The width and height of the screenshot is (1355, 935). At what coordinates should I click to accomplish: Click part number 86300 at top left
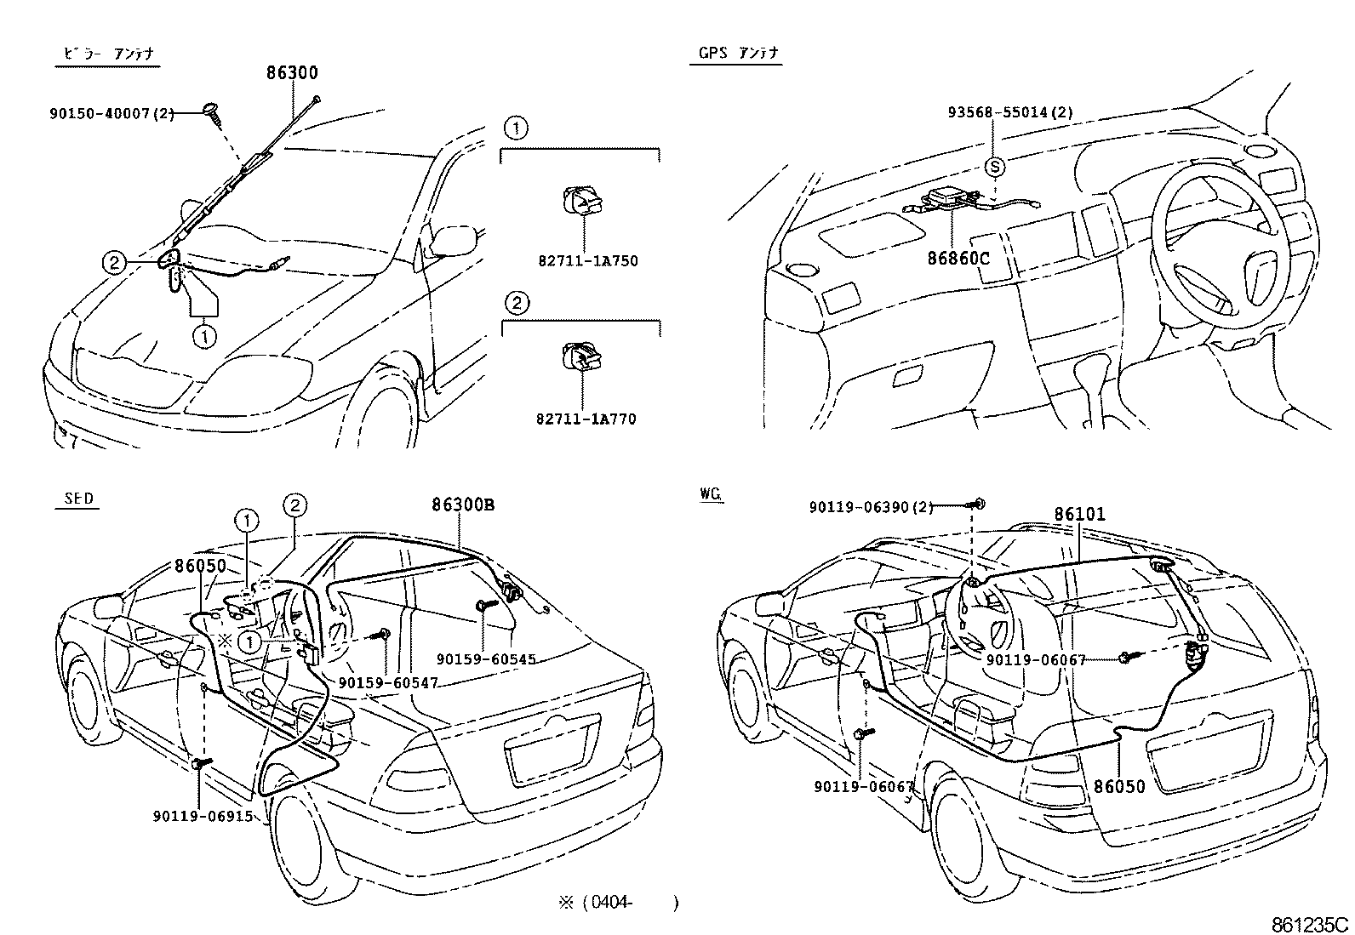pyautogui.click(x=292, y=73)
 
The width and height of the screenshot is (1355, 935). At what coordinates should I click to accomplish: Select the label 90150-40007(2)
pyautogui.click(x=111, y=112)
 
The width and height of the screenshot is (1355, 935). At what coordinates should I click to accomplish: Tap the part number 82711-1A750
pyautogui.click(x=587, y=261)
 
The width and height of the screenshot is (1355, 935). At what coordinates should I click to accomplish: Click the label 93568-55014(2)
pyautogui.click(x=1010, y=112)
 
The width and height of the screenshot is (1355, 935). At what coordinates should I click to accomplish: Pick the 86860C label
pyautogui.click(x=958, y=255)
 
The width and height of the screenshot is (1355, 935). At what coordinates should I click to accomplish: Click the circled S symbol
pyautogui.click(x=994, y=168)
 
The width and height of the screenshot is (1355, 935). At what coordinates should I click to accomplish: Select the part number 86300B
pyautogui.click(x=463, y=505)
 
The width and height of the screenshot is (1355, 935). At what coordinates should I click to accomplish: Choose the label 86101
pyautogui.click(x=1079, y=515)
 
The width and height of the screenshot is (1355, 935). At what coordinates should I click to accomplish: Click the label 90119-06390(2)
pyautogui.click(x=871, y=507)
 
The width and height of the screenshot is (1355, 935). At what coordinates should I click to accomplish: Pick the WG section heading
pyautogui.click(x=711, y=493)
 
